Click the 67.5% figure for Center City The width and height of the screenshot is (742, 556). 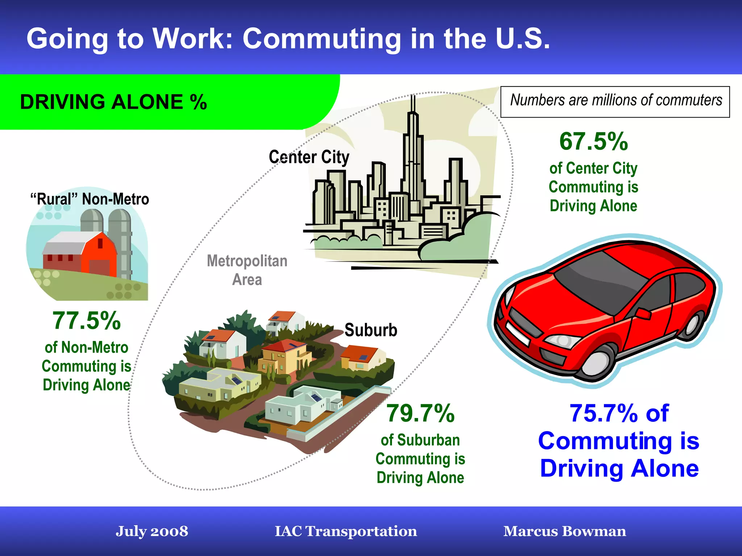point(593,142)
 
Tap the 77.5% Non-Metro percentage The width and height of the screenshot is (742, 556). point(87,321)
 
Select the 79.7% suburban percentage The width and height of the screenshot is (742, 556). point(420,413)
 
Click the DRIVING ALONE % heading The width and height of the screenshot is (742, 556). point(113,102)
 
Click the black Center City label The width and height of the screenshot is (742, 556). point(309,157)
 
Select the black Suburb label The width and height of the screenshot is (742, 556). point(371,330)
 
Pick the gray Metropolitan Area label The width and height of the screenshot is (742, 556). point(247,270)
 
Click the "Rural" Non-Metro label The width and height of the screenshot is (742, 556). point(90,199)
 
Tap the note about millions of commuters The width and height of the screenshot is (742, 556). point(616,101)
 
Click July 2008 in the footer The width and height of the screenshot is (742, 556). point(152,531)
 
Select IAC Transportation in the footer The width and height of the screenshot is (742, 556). point(346,531)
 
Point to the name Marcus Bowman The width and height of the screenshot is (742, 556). point(564,531)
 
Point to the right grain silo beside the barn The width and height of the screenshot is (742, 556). point(121,239)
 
